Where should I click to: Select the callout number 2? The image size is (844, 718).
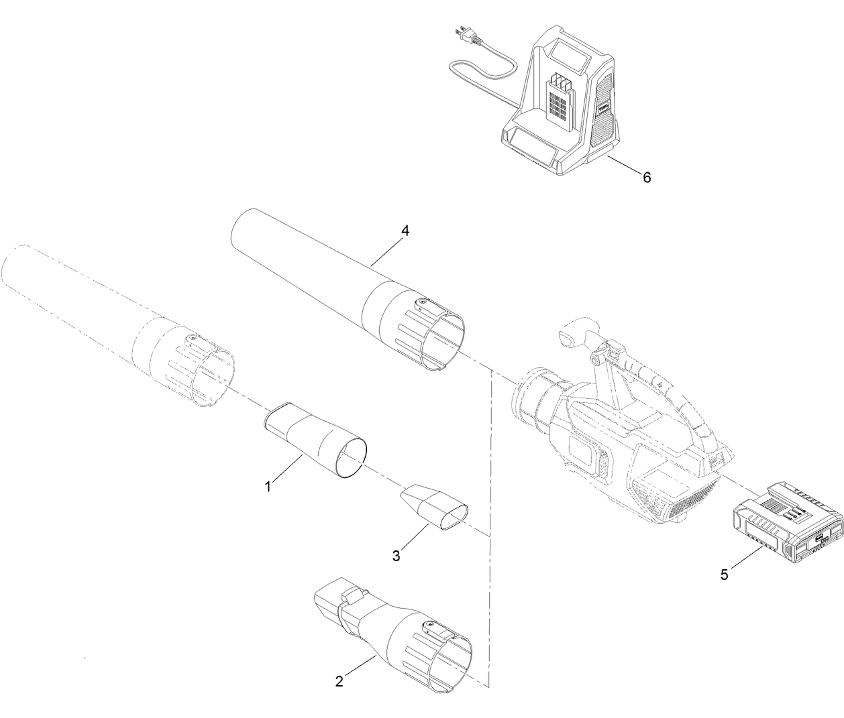pyautogui.click(x=339, y=682)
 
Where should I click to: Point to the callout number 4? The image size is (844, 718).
pyautogui.click(x=404, y=230)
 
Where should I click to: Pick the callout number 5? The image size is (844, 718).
pyautogui.click(x=724, y=575)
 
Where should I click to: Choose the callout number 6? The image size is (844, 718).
pyautogui.click(x=646, y=177)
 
